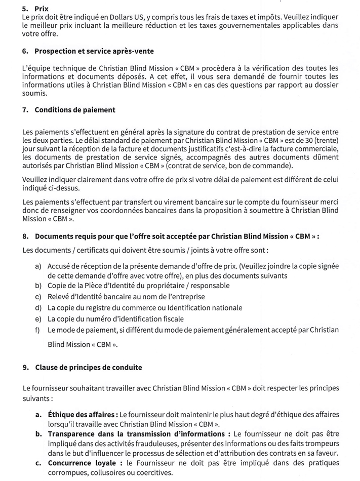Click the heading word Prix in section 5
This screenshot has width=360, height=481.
[x=42, y=9]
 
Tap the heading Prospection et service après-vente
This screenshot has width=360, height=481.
[x=94, y=51]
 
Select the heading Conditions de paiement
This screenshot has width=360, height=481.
[x=75, y=110]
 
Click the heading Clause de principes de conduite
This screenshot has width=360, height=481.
[x=88, y=367]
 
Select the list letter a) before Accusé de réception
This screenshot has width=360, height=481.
[x=38, y=266]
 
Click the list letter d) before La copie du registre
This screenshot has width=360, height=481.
[x=38, y=308]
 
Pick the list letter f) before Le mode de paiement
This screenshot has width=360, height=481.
[x=38, y=330]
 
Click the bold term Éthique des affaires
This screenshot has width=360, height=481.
[x=83, y=415]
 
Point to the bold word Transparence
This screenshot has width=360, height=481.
[x=73, y=434]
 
